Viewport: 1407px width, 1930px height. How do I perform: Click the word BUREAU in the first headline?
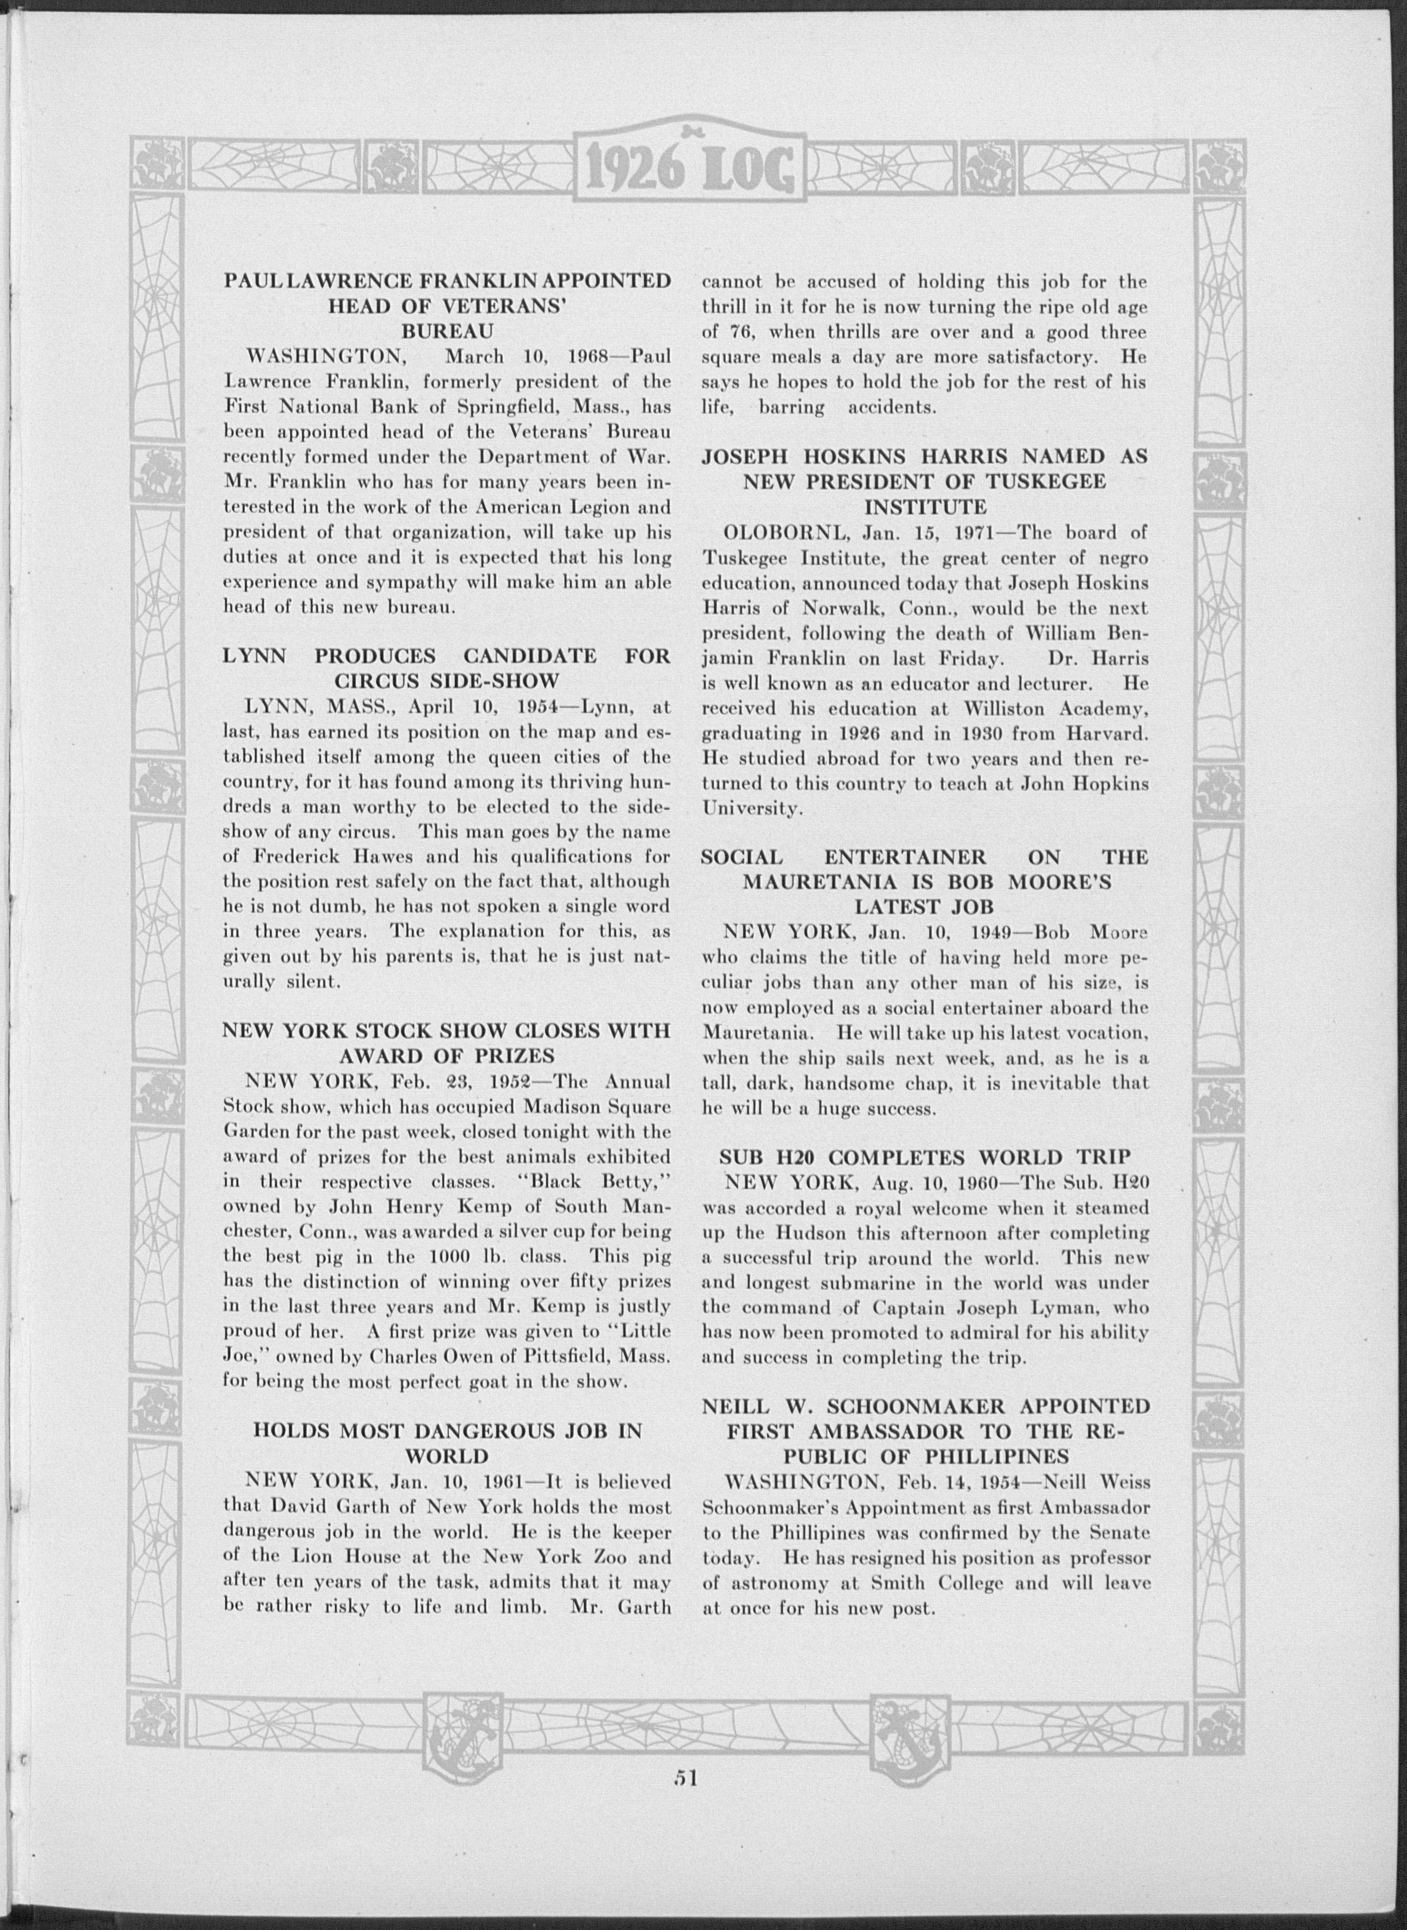[448, 331]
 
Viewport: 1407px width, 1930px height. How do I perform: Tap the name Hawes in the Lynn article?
[386, 856]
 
